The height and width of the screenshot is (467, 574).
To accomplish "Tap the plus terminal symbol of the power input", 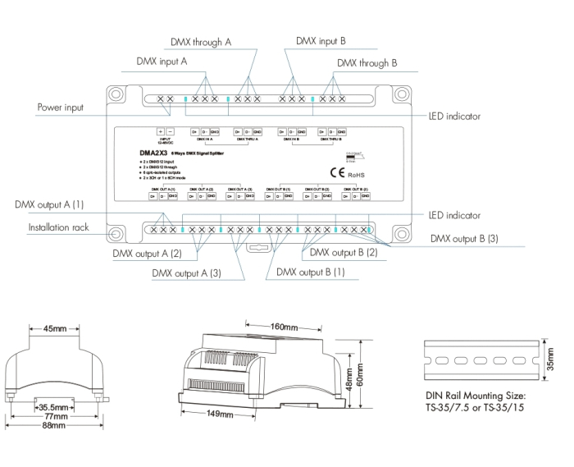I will click(161, 131).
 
